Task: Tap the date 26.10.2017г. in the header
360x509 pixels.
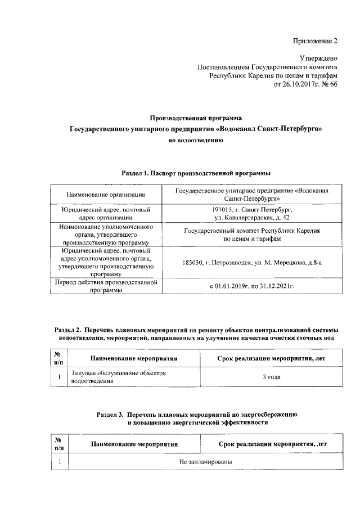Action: (x=295, y=84)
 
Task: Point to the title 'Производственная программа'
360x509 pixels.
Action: (x=196, y=118)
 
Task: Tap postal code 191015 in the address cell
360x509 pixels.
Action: (x=216, y=209)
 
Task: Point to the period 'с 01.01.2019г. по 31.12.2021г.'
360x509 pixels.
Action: (x=251, y=286)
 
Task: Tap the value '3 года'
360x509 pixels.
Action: (x=272, y=376)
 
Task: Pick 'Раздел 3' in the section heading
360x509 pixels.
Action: (x=109, y=414)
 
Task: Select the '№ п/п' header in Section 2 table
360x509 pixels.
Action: (x=58, y=358)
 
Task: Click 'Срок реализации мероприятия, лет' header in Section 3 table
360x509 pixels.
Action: (x=272, y=444)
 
